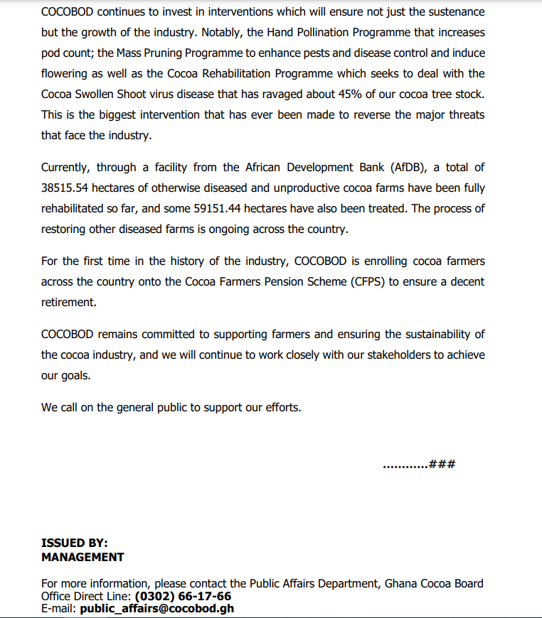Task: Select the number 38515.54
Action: (68, 188)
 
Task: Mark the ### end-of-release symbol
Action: (442, 465)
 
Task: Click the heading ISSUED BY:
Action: (75, 543)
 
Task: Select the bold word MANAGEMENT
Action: (83, 557)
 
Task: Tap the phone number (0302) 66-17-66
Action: (183, 596)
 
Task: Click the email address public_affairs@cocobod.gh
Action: (157, 608)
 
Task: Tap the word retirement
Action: (68, 302)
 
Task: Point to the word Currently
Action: (66, 168)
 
